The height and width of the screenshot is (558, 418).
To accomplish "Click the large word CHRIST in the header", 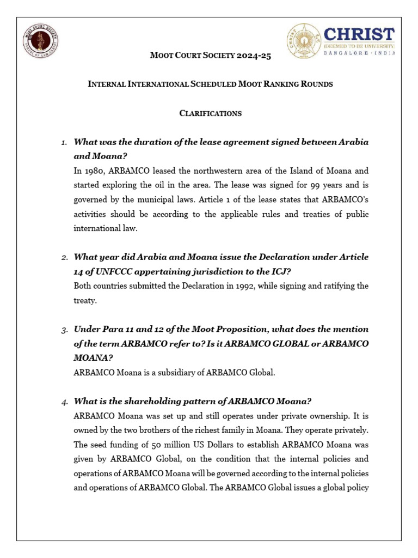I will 359,34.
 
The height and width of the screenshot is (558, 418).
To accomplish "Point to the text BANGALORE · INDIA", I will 359,53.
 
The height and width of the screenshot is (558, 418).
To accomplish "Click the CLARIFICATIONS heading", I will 210,113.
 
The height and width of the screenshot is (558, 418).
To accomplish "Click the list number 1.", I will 64,143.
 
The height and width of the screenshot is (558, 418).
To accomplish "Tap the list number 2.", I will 64,258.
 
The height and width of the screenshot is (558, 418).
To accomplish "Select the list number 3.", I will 64,330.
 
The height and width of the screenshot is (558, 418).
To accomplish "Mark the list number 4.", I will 64,402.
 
